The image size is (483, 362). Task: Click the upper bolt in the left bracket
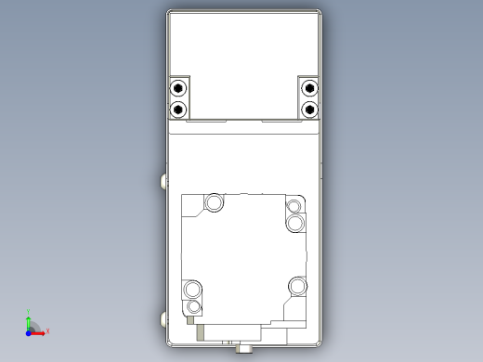tap(177, 89)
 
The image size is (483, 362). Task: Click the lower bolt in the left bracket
tap(177, 109)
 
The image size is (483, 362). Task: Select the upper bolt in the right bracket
tap(309, 89)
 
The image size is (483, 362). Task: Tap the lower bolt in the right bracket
tap(309, 109)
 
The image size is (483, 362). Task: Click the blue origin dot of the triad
tap(29, 330)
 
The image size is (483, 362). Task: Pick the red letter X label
tap(47, 330)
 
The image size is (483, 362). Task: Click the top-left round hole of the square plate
tap(215, 201)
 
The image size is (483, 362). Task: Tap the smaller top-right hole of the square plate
tap(294, 206)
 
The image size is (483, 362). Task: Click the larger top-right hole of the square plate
tap(295, 224)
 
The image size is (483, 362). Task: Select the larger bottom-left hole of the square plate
tap(193, 288)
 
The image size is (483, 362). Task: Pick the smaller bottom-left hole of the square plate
tap(194, 306)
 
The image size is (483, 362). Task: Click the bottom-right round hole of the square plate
tap(296, 285)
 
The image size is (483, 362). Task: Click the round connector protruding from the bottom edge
tap(247, 349)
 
